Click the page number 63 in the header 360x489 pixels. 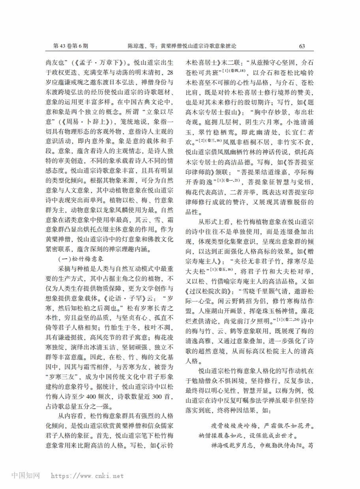point(302,46)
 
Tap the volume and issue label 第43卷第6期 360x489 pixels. point(71,46)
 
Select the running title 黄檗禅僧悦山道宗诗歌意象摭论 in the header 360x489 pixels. point(198,46)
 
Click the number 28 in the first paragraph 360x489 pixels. point(169,73)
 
